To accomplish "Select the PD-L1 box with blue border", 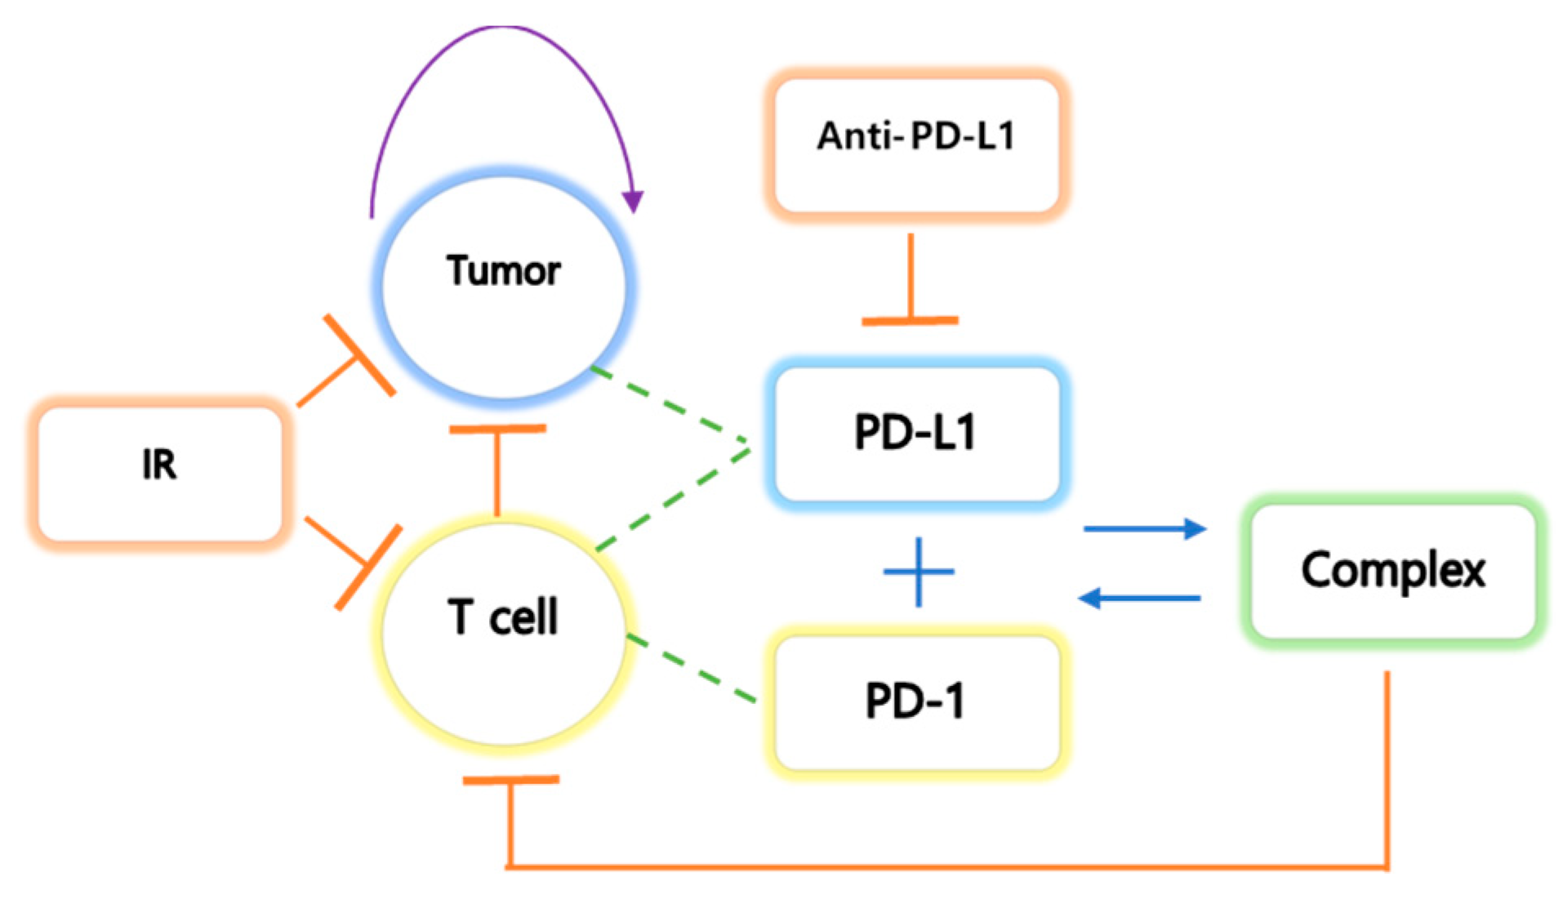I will tap(916, 433).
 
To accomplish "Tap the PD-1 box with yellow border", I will tap(916, 701).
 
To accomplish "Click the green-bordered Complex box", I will tap(1393, 570).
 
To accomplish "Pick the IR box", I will tap(160, 472).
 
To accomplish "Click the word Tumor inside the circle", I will tap(504, 270).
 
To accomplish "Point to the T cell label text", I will tap(503, 617).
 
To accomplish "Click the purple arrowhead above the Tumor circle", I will tap(633, 201).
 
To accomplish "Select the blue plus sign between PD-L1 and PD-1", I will tap(919, 572).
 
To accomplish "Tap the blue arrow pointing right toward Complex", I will tap(1143, 529).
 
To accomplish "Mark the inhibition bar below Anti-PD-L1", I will tap(910, 320).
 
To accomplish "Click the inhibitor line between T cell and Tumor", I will tap(496, 470).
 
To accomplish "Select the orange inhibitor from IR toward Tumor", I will tap(343, 367).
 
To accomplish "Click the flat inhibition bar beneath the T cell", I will tap(510, 780).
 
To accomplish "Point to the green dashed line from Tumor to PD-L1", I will tap(670, 405).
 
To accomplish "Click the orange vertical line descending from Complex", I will tap(1386, 768).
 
